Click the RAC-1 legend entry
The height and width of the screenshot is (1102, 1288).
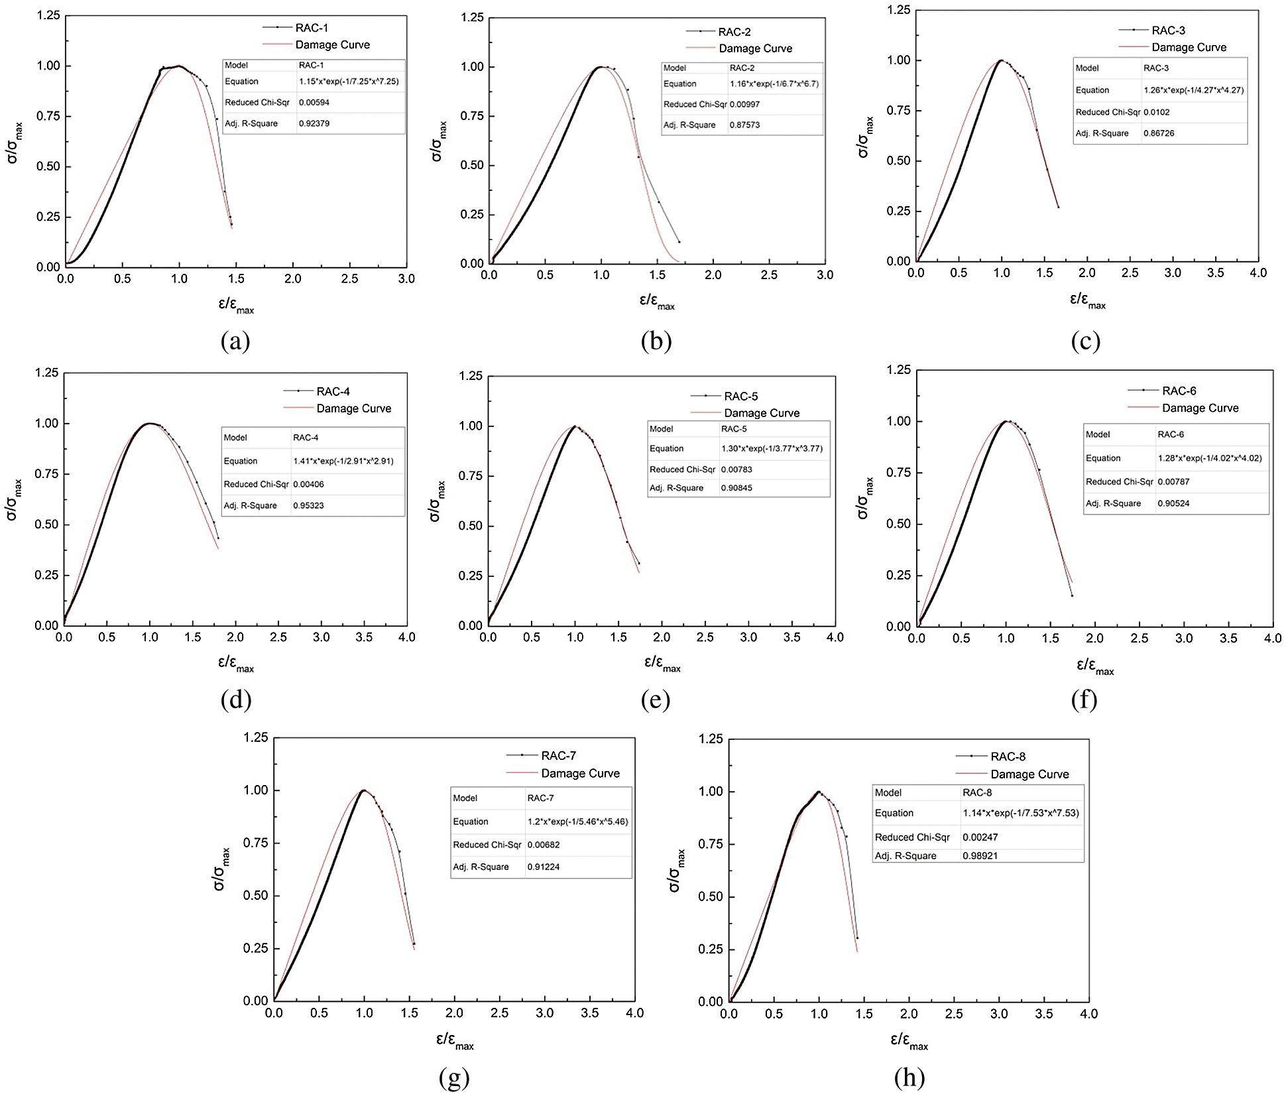pos(312,28)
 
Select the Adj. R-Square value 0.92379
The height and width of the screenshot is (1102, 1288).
pos(314,123)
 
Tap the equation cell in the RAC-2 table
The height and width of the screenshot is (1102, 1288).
pos(774,84)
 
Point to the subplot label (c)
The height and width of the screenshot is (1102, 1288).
pos(1085,341)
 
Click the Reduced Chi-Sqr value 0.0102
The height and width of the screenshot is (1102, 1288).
pos(1157,112)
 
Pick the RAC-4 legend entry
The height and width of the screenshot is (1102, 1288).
pos(333,391)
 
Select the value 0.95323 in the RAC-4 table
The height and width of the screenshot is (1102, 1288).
pos(309,505)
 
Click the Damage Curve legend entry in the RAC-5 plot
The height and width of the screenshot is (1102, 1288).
pos(762,413)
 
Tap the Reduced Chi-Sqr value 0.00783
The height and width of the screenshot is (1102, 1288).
pos(737,469)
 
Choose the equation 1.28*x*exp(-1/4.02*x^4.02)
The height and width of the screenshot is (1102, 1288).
pos(1210,458)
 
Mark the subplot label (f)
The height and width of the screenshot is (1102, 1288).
pos(1084,700)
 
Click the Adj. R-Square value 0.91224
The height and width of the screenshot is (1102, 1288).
pos(544,867)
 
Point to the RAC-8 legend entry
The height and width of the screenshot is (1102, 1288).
pos(1008,757)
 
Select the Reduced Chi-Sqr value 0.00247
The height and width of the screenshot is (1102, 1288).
pos(980,837)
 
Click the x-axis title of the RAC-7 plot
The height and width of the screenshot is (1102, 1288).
pos(455,1041)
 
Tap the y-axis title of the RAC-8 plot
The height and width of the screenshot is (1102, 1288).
pos(677,870)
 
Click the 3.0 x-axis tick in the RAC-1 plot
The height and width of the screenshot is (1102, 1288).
pos(406,279)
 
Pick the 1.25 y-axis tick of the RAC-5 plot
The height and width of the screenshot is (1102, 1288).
pos(471,376)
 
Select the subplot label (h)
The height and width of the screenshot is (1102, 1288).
pos(909,1077)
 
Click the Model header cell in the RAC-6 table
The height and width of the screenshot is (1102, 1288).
pos(1098,434)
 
